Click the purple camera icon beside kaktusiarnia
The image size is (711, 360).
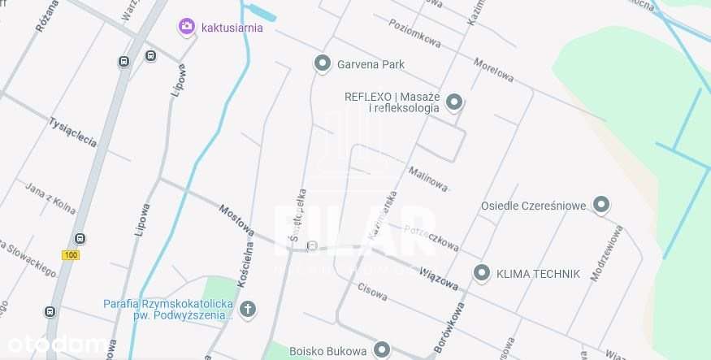pyautogui.click(x=187, y=27)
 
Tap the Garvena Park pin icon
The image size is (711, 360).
pyautogui.click(x=323, y=63)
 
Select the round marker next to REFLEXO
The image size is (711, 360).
pyautogui.click(x=454, y=102)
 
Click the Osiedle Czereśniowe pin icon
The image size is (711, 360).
pyautogui.click(x=601, y=205)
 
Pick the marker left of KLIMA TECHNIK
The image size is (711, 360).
pyautogui.click(x=482, y=273)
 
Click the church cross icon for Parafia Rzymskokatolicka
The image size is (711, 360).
pyautogui.click(x=248, y=309)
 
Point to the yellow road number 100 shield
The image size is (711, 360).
pyautogui.click(x=71, y=255)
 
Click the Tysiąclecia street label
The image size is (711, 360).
pyautogui.click(x=73, y=132)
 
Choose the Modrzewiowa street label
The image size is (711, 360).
pyautogui.click(x=606, y=251)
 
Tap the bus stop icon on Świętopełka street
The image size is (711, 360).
pyautogui.click(x=313, y=245)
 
